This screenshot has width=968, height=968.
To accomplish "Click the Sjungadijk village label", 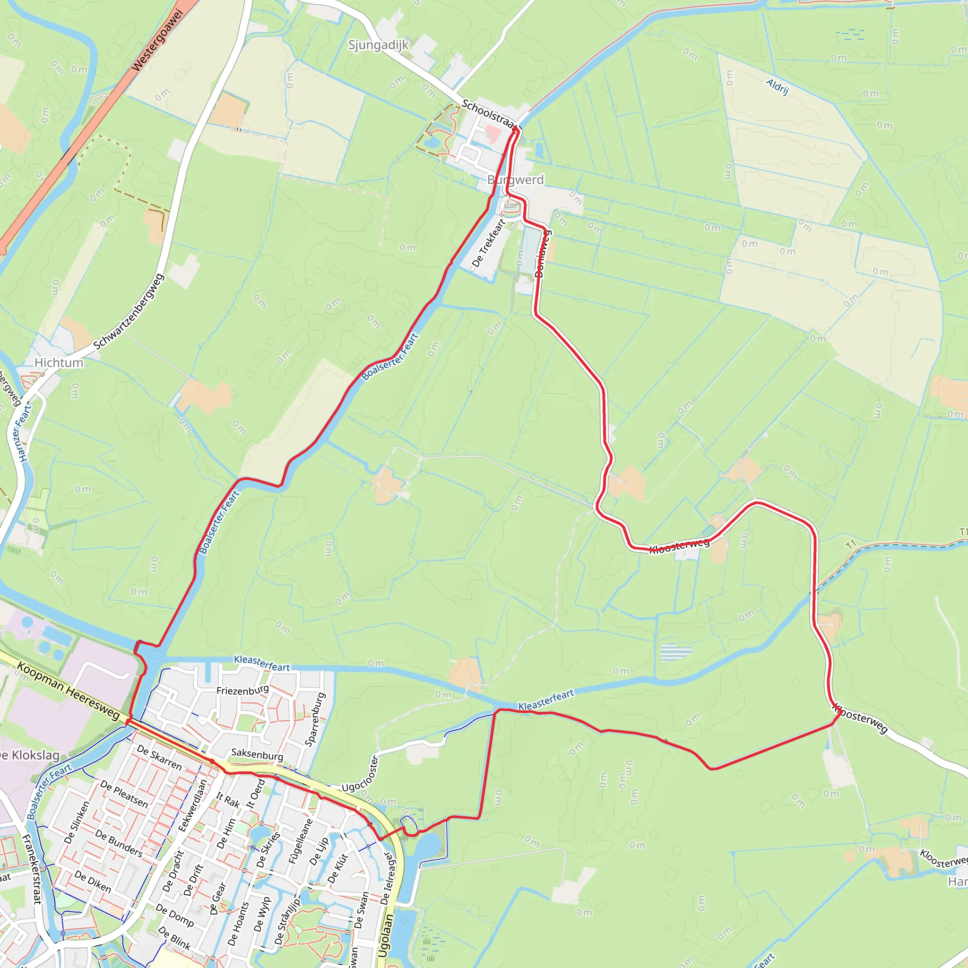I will click(x=378, y=45).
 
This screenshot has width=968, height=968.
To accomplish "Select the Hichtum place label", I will click(x=59, y=362).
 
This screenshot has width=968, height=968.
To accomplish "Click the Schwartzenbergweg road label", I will click(x=129, y=311).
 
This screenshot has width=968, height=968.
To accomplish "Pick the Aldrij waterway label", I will click(x=778, y=86).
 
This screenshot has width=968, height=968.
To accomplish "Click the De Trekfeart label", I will click(x=489, y=242).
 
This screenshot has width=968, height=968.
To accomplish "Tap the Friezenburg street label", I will click(x=242, y=691).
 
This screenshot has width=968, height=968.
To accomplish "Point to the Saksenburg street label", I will click(x=257, y=754).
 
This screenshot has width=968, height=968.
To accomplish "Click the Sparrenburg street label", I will click(x=316, y=719).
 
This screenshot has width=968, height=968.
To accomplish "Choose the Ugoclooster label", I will click(x=360, y=774).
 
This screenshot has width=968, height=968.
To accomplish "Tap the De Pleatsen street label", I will click(x=124, y=794).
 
